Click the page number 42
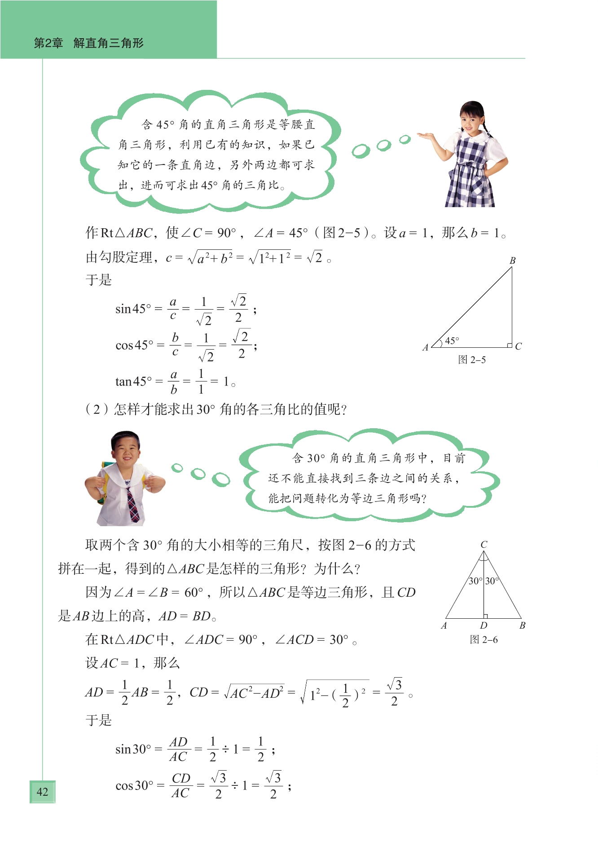(x=42, y=792)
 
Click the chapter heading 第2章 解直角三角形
(x=88, y=43)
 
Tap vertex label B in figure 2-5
(x=512, y=261)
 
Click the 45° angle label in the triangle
(x=452, y=341)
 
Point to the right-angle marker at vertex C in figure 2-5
(x=510, y=345)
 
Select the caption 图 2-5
(x=471, y=359)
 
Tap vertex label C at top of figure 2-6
(x=484, y=544)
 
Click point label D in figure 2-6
(x=483, y=625)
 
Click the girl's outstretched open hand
(x=425, y=135)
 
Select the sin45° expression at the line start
(x=133, y=309)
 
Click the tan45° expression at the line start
(x=133, y=381)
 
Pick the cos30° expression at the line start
(x=134, y=785)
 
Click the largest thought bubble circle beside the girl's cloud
(x=361, y=151)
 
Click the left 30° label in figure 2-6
(x=475, y=581)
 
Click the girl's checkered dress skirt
(x=469, y=189)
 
